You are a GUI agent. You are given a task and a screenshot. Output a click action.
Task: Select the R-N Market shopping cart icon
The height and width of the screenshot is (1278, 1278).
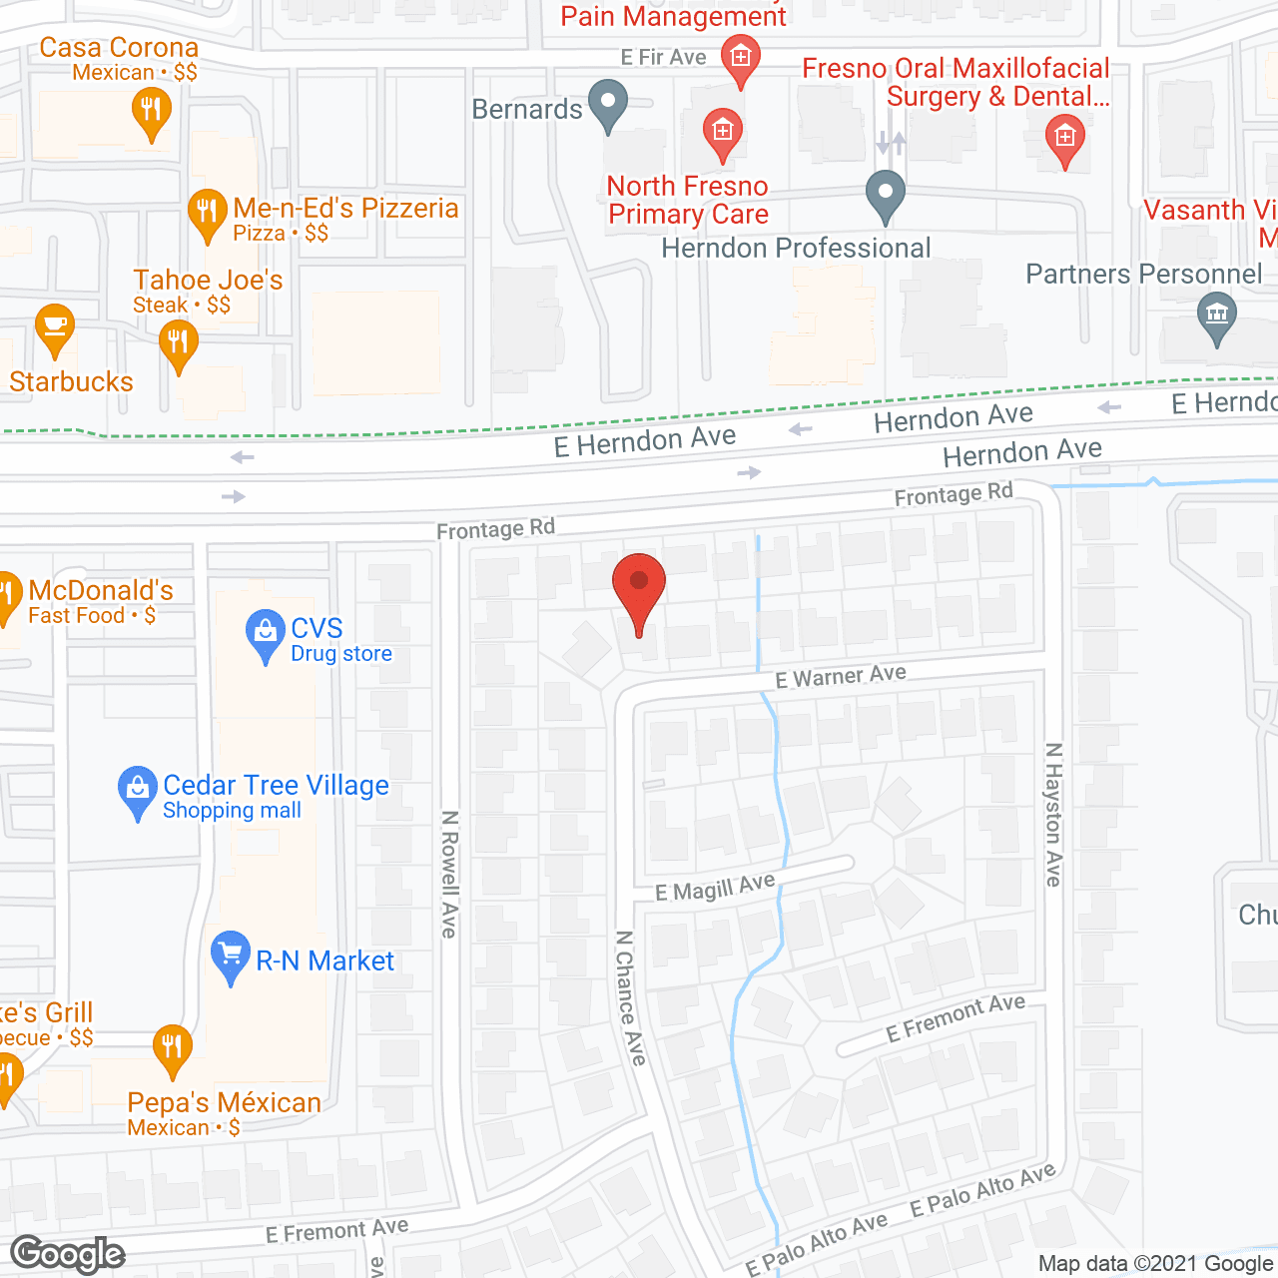tap(231, 956)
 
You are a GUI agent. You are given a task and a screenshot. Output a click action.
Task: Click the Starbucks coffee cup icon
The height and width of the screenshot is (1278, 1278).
tap(55, 328)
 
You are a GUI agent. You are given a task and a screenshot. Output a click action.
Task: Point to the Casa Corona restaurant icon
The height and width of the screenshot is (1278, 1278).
tap(151, 108)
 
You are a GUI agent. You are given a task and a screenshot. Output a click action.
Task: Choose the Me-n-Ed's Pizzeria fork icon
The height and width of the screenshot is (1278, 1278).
tap(207, 213)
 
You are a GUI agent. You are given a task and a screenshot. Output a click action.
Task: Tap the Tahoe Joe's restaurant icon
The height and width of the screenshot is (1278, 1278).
tap(178, 343)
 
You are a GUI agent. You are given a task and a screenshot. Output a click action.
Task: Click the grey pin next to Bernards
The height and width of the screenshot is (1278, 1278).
tap(607, 103)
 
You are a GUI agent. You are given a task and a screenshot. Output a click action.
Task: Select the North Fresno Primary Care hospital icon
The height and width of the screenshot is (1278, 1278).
tap(722, 132)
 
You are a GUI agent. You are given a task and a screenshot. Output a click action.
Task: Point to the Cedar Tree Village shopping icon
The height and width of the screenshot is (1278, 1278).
tap(137, 790)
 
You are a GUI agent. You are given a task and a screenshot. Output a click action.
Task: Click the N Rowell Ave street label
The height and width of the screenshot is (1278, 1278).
tap(449, 874)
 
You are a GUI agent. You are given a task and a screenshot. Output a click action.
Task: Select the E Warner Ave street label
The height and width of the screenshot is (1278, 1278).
tap(841, 677)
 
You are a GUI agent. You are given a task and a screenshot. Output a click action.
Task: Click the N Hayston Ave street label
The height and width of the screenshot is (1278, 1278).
tap(1053, 814)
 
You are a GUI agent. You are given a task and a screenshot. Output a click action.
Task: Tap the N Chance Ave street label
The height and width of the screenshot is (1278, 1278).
tap(630, 997)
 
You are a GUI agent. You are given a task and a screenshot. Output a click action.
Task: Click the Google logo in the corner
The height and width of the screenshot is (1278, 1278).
tap(68, 1255)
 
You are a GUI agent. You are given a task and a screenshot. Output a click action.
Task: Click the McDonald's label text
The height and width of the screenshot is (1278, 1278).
tap(101, 591)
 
